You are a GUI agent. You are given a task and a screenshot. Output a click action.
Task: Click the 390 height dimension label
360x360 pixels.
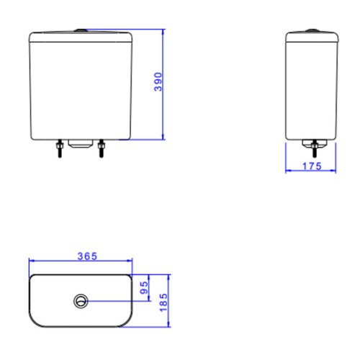coord(158,82)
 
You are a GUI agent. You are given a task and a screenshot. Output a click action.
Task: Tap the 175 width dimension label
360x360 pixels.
coord(312,166)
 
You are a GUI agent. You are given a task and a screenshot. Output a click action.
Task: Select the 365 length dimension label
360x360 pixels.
coord(87,256)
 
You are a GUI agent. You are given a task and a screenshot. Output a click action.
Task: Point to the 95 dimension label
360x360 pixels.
coord(144,288)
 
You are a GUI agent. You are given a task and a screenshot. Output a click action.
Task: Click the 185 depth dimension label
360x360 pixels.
coord(163,302)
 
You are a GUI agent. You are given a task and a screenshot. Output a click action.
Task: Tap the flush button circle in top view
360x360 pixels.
coord(81,301)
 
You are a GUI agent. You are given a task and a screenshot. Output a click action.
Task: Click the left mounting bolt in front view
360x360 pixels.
coord(60,148)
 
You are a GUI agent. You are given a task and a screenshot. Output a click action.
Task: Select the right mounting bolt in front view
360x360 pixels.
coord(102,148)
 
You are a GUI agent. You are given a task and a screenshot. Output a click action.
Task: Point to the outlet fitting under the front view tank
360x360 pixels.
coord(81,143)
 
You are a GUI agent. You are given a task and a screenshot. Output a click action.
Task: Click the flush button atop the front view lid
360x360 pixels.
coord(81,30)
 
